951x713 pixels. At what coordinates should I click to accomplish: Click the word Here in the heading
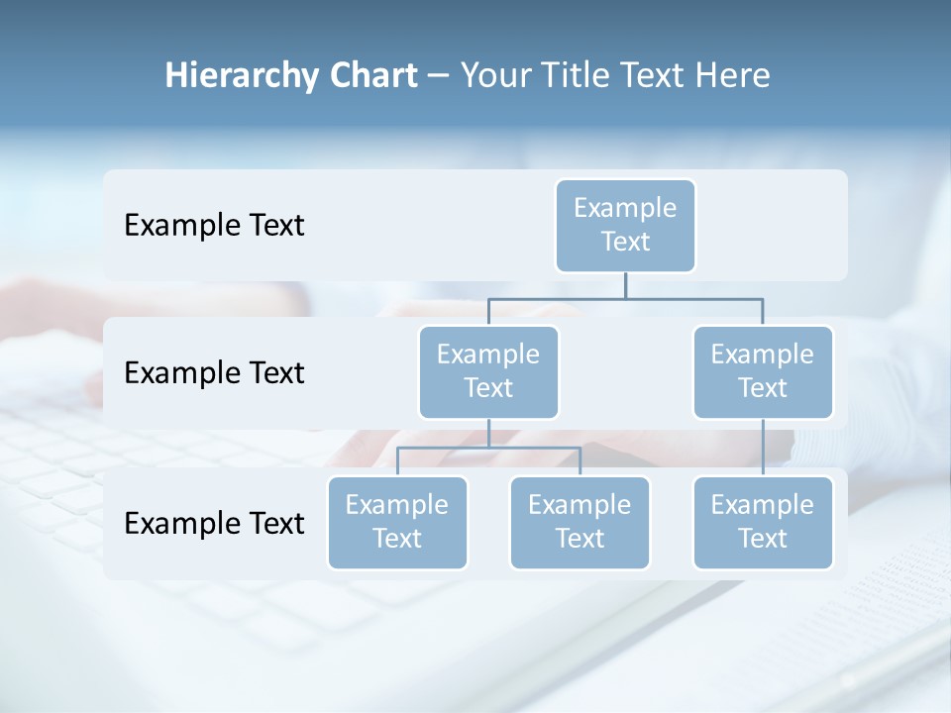click(734, 75)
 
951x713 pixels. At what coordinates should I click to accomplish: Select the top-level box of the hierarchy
click(625, 225)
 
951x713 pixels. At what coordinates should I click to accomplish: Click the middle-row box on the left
click(488, 371)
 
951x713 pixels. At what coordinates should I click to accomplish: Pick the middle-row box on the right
click(763, 371)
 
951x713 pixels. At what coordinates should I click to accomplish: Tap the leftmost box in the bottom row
click(397, 522)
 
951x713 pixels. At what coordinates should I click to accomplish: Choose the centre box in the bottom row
click(580, 522)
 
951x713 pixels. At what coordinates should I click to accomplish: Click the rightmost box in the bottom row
click(763, 522)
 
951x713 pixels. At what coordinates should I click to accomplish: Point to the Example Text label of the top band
click(214, 225)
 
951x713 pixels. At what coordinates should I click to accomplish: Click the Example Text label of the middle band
click(214, 372)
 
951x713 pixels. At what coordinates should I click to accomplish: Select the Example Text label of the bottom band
click(214, 523)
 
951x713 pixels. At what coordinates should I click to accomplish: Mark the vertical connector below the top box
click(625, 285)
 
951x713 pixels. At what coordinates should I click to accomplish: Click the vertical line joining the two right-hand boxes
click(763, 447)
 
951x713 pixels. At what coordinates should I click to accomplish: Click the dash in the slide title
click(439, 75)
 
